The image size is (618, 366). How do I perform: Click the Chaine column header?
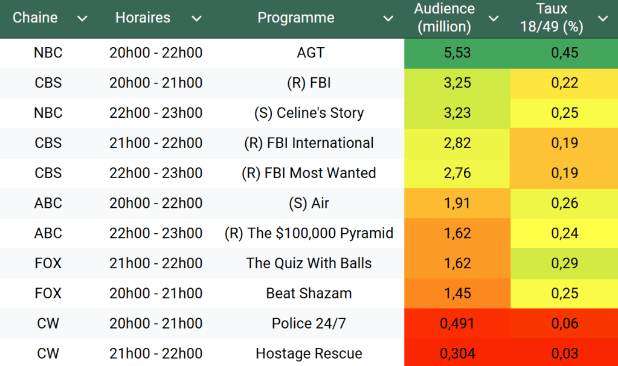pyautogui.click(x=35, y=18)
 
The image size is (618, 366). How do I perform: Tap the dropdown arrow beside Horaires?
pyautogui.click(x=196, y=19)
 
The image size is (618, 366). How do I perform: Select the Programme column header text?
pyautogui.click(x=295, y=18)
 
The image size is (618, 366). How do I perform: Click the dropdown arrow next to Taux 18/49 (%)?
pyautogui.click(x=602, y=19)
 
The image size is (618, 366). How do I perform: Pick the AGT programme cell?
pyautogui.click(x=311, y=53)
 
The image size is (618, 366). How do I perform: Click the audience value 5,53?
pyautogui.click(x=457, y=53)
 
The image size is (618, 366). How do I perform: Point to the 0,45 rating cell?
pyautogui.click(x=564, y=53)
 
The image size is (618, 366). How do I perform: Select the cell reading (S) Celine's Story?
pyautogui.click(x=309, y=113)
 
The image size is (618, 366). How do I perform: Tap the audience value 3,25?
pyautogui.click(x=457, y=83)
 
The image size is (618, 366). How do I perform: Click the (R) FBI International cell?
pyautogui.click(x=309, y=143)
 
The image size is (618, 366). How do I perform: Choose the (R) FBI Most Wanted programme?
pyautogui.click(x=309, y=173)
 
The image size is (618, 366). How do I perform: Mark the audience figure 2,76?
pyautogui.click(x=457, y=173)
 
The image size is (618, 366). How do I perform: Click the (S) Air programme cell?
pyautogui.click(x=309, y=204)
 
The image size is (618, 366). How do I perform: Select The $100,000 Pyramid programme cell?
pyautogui.click(x=309, y=234)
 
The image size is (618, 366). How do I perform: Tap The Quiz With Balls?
pyautogui.click(x=309, y=263)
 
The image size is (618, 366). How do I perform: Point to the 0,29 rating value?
pyautogui.click(x=564, y=263)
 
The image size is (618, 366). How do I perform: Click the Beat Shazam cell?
pyautogui.click(x=309, y=294)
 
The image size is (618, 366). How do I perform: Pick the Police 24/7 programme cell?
pyautogui.click(x=309, y=324)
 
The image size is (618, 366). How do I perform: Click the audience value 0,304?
pyautogui.click(x=457, y=354)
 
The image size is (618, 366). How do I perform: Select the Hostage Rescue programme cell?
pyautogui.click(x=309, y=354)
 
